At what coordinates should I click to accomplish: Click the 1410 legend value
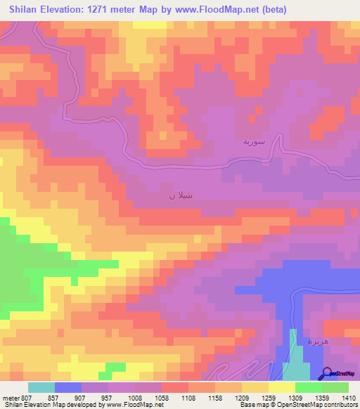point(349,398)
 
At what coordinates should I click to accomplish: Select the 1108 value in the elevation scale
point(189,398)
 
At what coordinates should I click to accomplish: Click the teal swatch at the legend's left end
point(41,387)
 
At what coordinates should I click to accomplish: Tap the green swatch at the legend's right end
point(335,387)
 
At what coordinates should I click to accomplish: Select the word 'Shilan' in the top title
point(25,8)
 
